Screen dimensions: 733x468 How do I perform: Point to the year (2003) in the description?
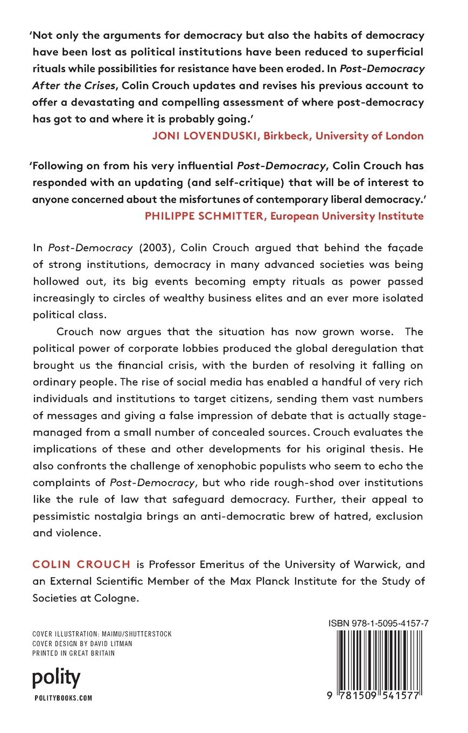point(156,247)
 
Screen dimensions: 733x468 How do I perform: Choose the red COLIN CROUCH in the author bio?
point(81,565)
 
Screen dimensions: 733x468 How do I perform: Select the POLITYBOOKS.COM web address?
point(62,698)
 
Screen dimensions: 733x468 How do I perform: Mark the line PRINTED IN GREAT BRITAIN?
point(74,653)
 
